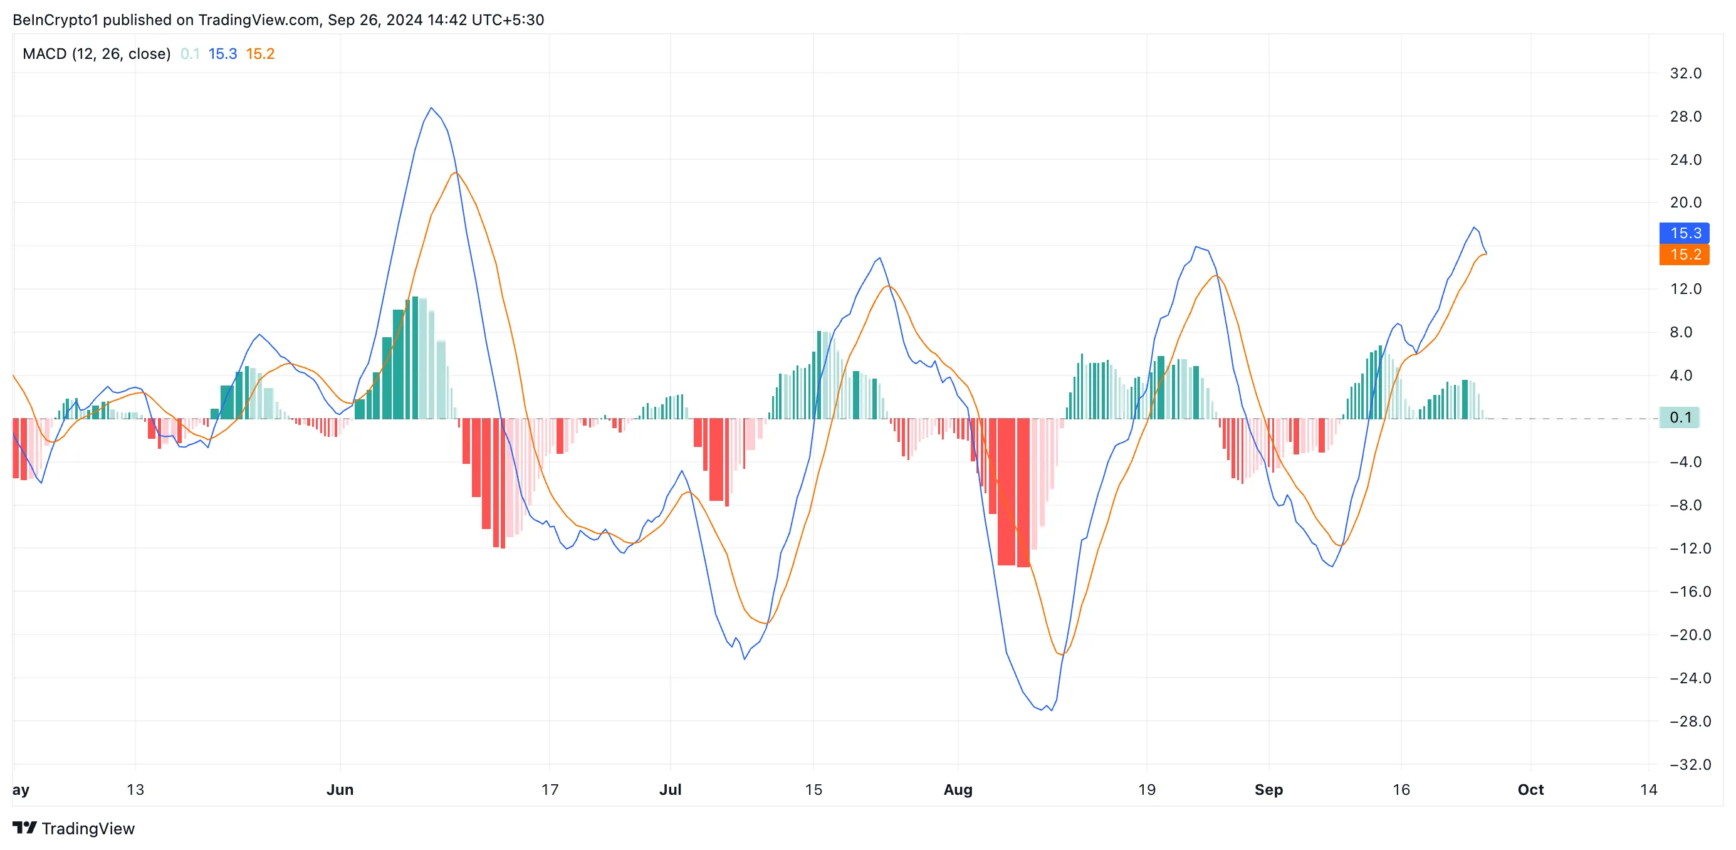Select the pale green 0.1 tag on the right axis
(x=1679, y=418)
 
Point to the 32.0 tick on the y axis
(x=1685, y=73)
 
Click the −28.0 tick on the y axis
(x=1690, y=721)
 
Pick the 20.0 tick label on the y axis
(x=1685, y=203)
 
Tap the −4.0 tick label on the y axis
(x=1690, y=463)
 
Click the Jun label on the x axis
(x=340, y=790)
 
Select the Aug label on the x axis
(x=958, y=790)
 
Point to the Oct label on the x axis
(x=1530, y=790)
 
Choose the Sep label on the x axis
(x=1268, y=790)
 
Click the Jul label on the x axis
(x=670, y=790)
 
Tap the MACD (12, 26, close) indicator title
(x=97, y=54)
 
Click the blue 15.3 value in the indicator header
(x=222, y=54)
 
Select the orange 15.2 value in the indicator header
(x=260, y=54)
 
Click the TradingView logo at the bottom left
(x=73, y=829)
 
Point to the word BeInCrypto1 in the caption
(x=55, y=19)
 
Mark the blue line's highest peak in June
(x=431, y=108)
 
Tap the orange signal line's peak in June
(x=456, y=173)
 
